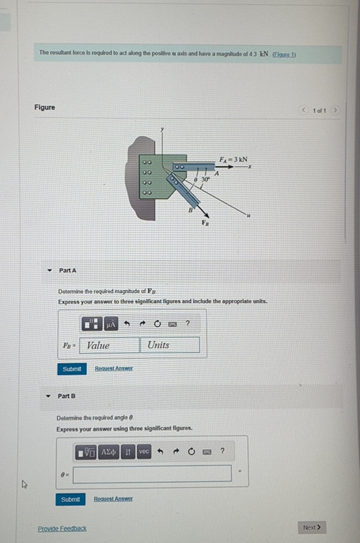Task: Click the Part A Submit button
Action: click(71, 369)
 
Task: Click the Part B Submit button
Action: click(70, 500)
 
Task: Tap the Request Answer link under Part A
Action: click(114, 368)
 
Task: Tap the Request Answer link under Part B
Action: click(113, 499)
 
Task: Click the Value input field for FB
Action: click(109, 345)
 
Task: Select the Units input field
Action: click(170, 345)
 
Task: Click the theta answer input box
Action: click(152, 473)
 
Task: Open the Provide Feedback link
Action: click(62, 528)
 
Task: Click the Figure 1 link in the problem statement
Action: click(284, 55)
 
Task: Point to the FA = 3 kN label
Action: click(233, 160)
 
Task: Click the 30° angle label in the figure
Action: click(206, 179)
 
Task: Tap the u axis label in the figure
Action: click(248, 216)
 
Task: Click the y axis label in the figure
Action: click(162, 130)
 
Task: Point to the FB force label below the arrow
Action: click(206, 223)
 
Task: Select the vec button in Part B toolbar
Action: click(144, 451)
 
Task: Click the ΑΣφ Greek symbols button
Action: click(109, 452)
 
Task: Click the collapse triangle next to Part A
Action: click(49, 271)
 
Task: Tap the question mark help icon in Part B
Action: click(222, 451)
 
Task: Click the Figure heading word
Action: click(45, 107)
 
